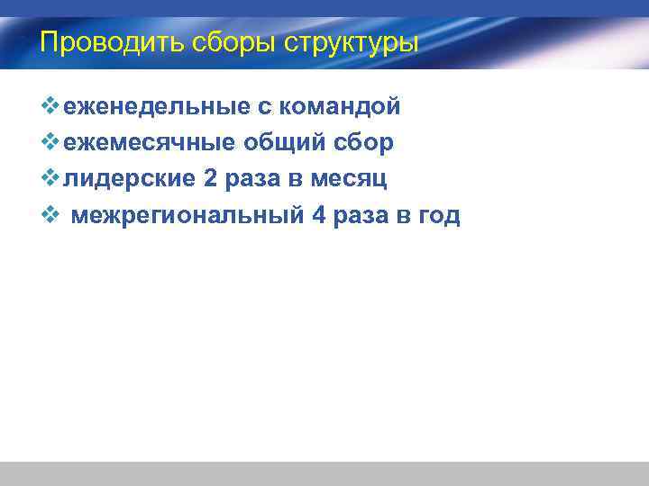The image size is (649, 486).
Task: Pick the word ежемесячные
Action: tap(149, 143)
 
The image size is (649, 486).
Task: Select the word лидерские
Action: tap(130, 179)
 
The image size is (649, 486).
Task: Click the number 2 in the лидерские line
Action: tap(210, 179)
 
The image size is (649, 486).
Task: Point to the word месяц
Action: tap(349, 179)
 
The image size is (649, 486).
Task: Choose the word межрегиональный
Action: tap(187, 215)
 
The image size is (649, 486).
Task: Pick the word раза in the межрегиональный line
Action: tap(360, 215)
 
